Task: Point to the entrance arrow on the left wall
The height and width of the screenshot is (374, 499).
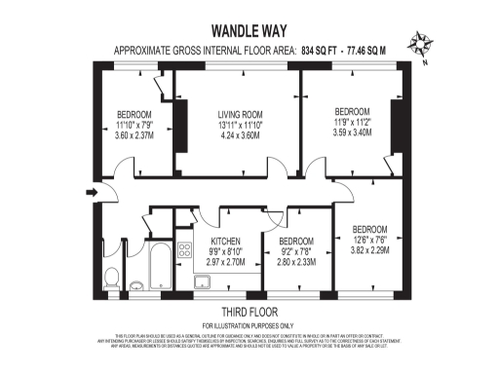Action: tap(93, 193)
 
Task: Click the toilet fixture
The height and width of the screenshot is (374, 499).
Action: tap(110, 277)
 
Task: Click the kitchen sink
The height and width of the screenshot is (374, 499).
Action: tap(204, 282)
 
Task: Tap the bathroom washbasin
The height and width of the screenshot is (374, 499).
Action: tap(137, 285)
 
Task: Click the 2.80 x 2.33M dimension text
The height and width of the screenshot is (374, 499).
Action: tap(296, 262)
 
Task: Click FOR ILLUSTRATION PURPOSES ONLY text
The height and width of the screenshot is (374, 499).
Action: tap(248, 324)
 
